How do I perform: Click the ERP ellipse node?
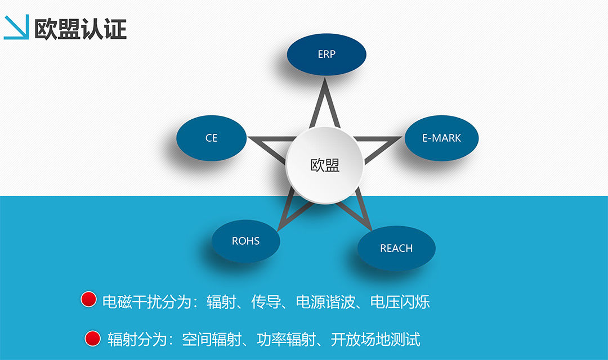327,54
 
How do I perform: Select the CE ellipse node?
211,138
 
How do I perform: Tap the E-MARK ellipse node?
442,138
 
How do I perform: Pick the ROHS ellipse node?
246,241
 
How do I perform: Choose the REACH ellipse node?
396,248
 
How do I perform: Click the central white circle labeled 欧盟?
325,165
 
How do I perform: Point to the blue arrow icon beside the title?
16,27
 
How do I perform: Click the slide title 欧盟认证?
81,29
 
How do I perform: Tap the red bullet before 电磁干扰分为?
88,299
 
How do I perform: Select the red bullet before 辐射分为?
93,338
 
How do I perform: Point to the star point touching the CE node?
249,138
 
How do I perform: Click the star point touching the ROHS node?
279,231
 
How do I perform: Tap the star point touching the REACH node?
371,230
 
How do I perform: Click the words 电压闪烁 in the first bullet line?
400,302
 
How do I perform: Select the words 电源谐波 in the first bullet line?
326,302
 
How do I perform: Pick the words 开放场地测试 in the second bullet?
375,339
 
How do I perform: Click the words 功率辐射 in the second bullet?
286,339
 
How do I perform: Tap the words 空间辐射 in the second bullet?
212,339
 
